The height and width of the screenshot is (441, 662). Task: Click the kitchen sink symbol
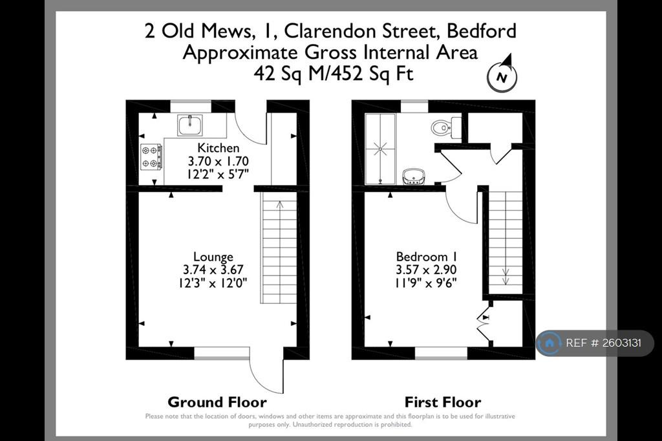coord(190,125)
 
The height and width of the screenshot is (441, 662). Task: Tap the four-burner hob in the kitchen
coord(151,156)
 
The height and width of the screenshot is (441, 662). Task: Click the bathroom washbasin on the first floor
coord(414,177)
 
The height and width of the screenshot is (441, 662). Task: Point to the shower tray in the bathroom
coord(380,149)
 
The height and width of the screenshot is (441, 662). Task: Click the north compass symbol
coord(502,74)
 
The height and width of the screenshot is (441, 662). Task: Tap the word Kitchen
coord(219,148)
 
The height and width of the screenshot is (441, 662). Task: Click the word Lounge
coord(213,257)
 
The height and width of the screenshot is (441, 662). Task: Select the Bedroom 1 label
coord(427,257)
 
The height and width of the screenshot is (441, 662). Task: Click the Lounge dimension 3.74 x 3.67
coord(213,270)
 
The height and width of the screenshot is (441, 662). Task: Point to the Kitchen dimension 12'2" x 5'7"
coord(219,173)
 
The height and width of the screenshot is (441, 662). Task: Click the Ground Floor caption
coord(217,402)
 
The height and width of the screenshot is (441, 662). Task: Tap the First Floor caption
coord(443,402)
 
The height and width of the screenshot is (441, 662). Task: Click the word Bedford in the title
coord(481,31)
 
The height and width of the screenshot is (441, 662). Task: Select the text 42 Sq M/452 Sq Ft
coord(334,74)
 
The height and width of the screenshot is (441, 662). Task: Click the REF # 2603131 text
coord(603,343)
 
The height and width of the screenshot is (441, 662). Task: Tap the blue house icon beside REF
coord(550,343)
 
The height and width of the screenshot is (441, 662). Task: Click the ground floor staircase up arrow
coord(280,205)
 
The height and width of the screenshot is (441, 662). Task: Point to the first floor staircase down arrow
coord(506,277)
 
